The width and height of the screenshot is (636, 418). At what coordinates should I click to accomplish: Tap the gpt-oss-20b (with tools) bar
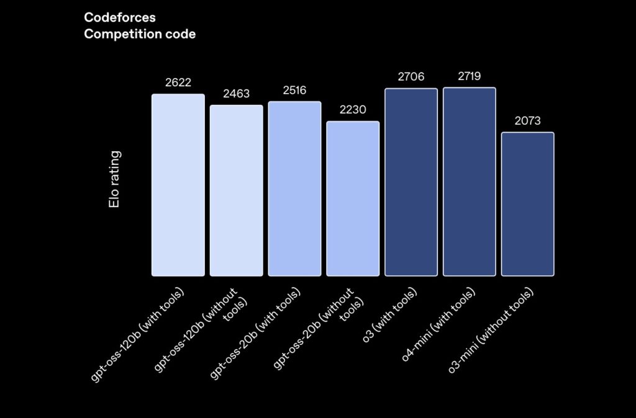[x=294, y=189]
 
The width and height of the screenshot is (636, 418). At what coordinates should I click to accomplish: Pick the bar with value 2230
[x=353, y=198]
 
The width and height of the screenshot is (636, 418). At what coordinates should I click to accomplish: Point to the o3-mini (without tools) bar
[x=527, y=204]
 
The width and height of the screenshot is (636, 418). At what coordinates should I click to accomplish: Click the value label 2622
[x=178, y=82]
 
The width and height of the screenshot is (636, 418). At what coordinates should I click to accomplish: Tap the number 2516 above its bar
[x=294, y=91]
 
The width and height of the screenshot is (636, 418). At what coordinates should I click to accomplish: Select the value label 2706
[x=411, y=77]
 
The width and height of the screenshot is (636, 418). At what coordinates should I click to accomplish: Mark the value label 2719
[x=470, y=76]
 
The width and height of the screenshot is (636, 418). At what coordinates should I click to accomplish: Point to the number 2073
[x=527, y=121]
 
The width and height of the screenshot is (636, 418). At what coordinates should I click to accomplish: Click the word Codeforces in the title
[x=120, y=18]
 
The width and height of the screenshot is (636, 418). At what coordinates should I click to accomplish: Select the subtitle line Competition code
[x=140, y=34]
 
